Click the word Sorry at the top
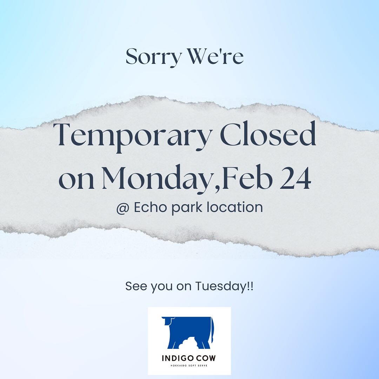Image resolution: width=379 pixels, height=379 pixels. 154,58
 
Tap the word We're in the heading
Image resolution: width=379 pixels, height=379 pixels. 215,56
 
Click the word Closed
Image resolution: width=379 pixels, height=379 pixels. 268,134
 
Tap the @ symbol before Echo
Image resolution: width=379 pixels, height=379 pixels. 123,208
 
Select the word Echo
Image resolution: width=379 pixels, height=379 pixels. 150,207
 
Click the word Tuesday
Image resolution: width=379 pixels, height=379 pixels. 220,286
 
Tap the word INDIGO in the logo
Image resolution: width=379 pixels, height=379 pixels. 178,358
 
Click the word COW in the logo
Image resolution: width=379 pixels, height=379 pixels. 206,358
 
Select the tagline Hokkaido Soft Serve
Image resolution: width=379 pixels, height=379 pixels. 189,365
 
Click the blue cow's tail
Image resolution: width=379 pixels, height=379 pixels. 213,330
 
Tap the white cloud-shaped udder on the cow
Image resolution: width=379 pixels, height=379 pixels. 188,343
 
